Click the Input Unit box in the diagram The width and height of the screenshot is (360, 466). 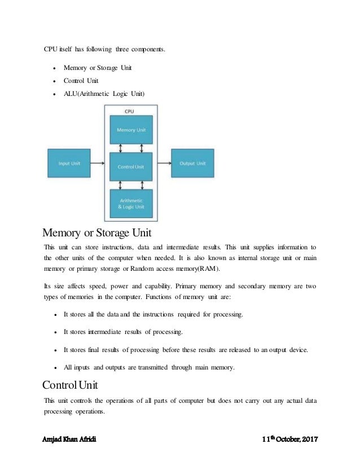click(x=69, y=164)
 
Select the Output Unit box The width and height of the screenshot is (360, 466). click(x=192, y=164)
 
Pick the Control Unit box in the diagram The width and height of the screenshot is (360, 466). click(x=131, y=166)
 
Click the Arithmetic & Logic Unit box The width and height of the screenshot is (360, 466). click(x=131, y=204)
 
